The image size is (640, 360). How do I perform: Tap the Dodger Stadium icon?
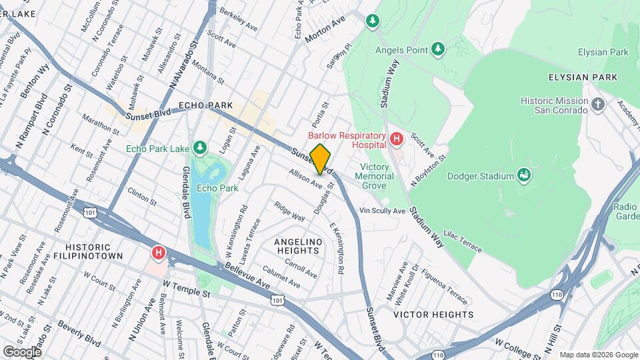[525, 175]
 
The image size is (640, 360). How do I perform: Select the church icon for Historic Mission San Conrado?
[598, 104]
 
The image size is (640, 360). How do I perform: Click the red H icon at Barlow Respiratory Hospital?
[397, 139]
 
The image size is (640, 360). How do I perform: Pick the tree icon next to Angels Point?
[437, 49]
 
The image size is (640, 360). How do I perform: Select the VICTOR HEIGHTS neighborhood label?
[433, 314]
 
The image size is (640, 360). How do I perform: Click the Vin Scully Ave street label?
[383, 211]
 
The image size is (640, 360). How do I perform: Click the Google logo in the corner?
[22, 351]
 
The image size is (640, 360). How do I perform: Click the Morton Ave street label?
[325, 30]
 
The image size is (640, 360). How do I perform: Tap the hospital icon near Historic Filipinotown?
[158, 253]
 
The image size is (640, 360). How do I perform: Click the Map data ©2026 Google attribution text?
[598, 355]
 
